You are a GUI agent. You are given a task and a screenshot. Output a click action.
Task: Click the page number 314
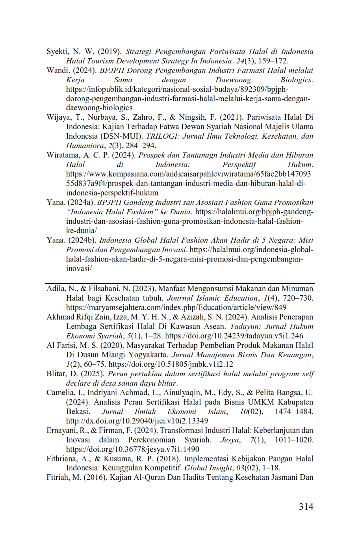click(306, 507)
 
